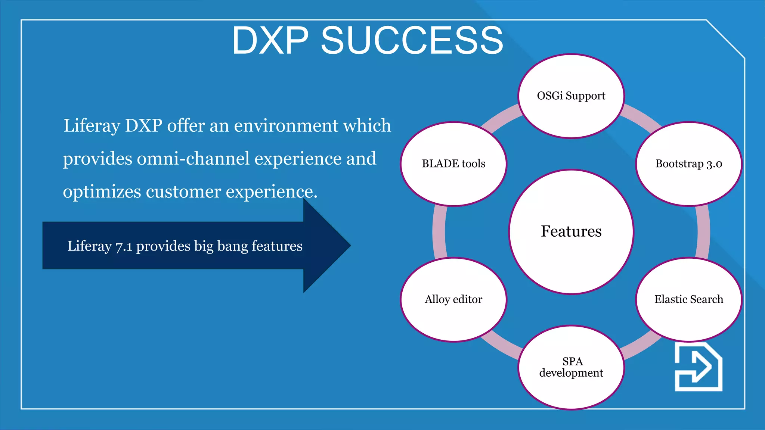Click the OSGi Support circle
[571, 96]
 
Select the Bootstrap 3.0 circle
[688, 164]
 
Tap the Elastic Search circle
[688, 299]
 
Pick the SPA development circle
[571, 367]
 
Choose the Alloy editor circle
[453, 299]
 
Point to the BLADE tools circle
[453, 164]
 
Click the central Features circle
[571, 231]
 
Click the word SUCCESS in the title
[412, 40]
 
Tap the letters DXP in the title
[270, 40]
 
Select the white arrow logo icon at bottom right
[698, 367]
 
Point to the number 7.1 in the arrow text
[124, 246]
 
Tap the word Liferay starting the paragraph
[92, 126]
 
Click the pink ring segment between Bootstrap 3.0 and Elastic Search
[703, 231]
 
